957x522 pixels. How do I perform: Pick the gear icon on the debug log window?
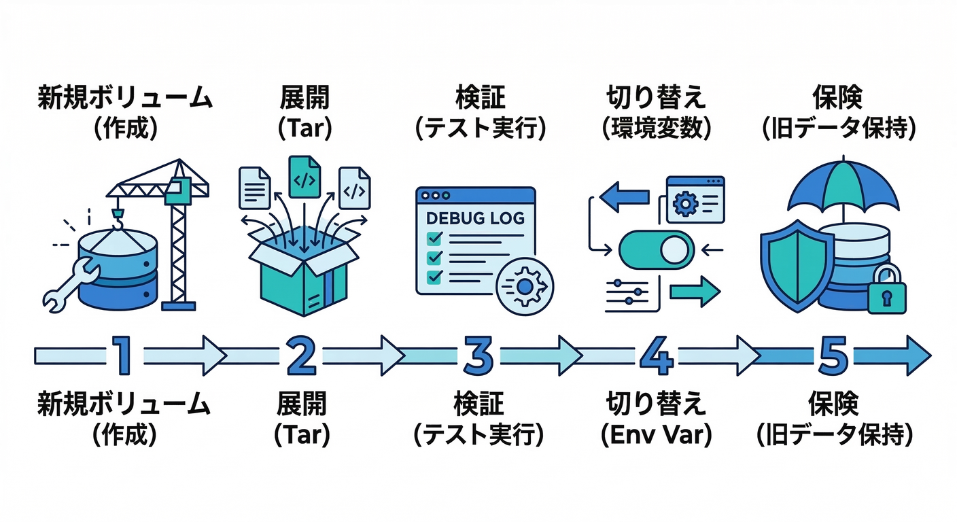click(525, 285)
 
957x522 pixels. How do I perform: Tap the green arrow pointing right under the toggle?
click(693, 293)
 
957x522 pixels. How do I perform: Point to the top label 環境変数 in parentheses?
click(657, 128)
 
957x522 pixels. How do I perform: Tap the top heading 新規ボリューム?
click(124, 99)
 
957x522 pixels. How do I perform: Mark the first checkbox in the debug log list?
click(433, 239)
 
